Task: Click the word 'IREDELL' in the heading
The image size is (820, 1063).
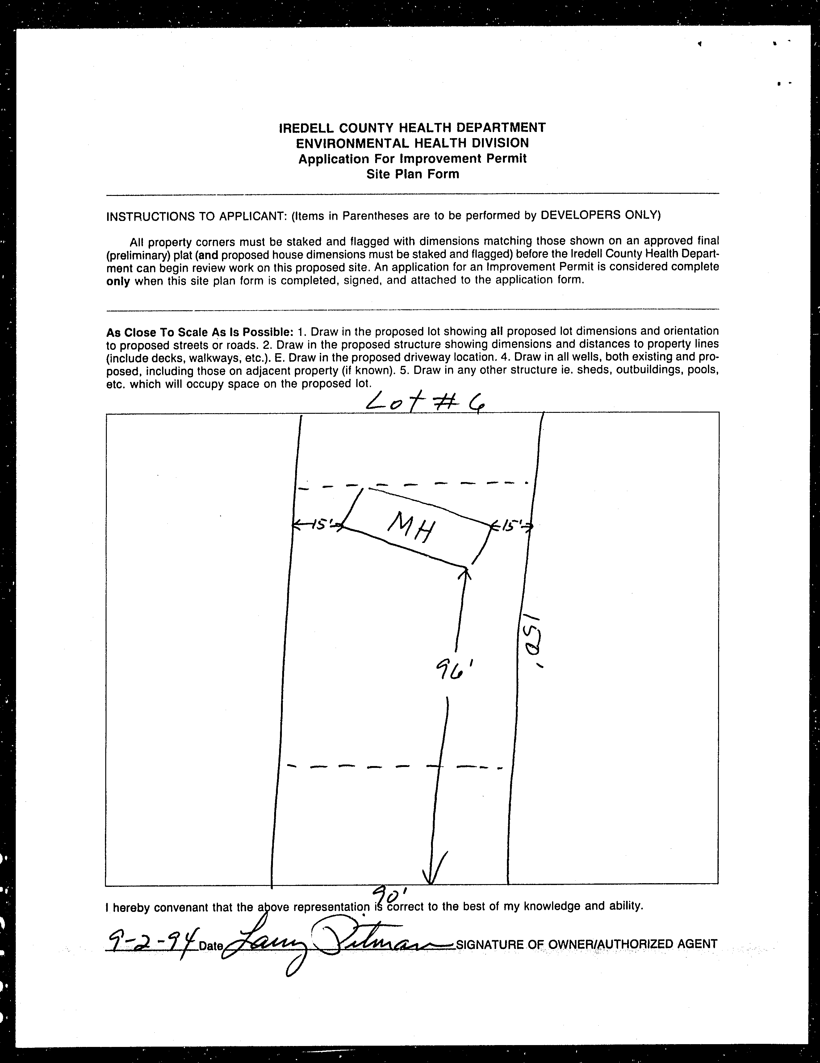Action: pos(306,128)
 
